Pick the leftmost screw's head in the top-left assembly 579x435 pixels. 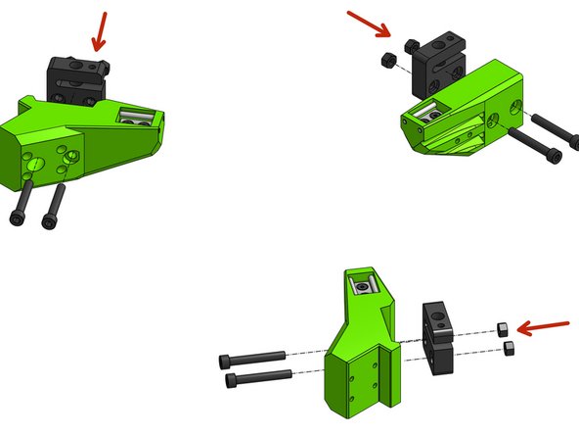[x=19, y=217]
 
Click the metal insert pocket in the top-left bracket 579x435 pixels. [x=136, y=118]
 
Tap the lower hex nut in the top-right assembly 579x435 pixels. [x=387, y=59]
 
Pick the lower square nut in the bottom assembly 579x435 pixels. [x=509, y=348]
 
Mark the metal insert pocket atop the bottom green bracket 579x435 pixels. [x=363, y=285]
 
